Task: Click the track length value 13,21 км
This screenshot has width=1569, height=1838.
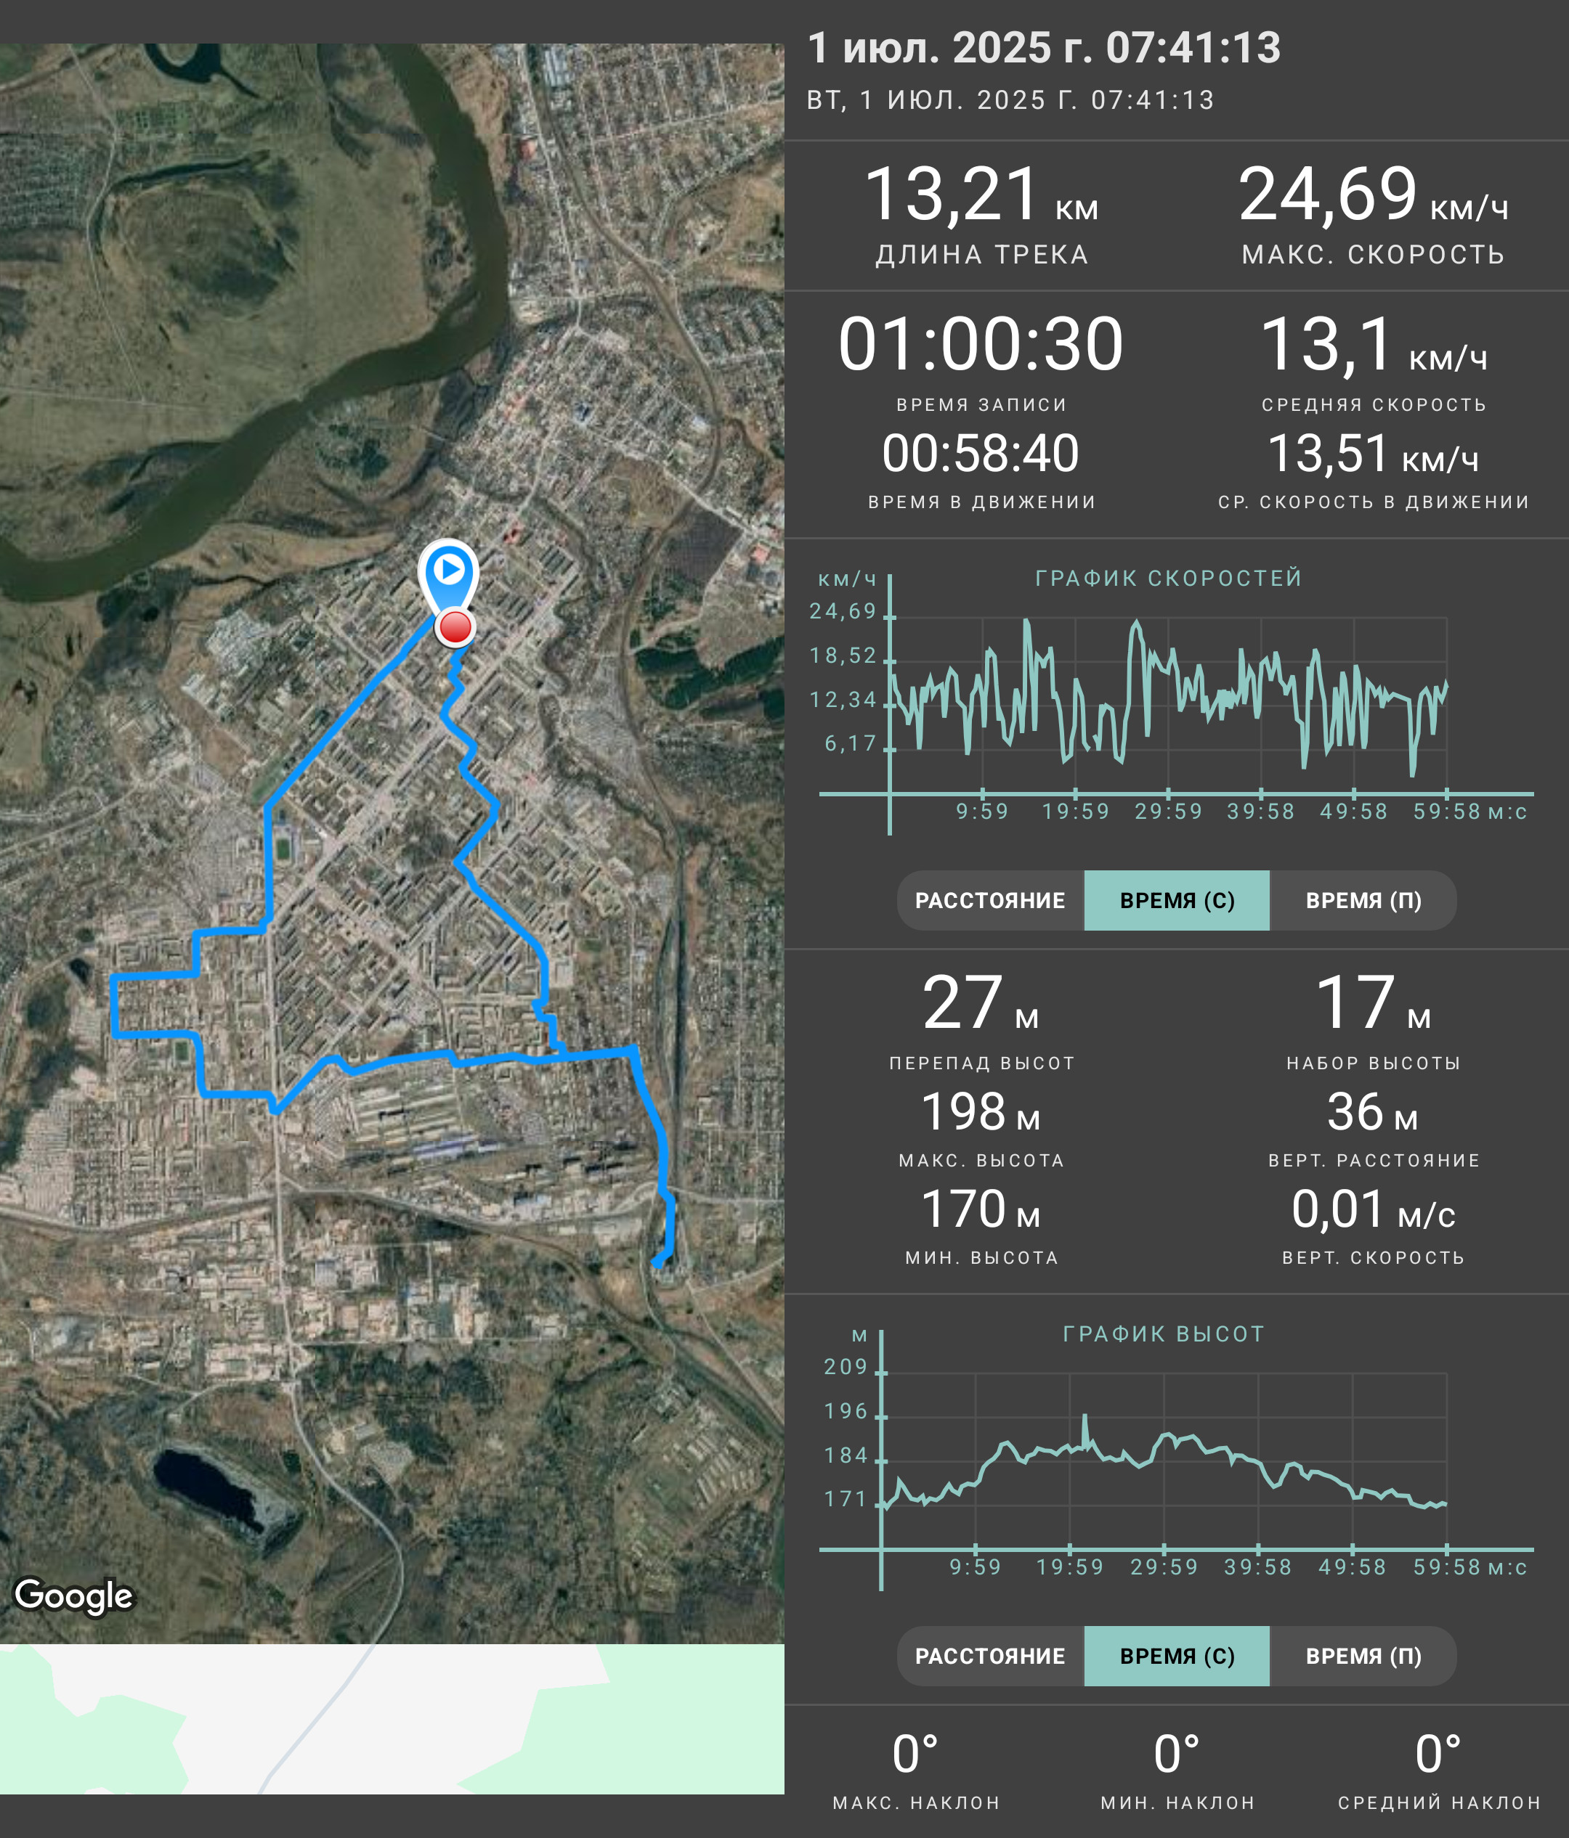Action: (981, 195)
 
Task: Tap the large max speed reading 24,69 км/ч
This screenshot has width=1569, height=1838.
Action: (1373, 195)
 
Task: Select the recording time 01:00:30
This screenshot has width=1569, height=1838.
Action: (981, 344)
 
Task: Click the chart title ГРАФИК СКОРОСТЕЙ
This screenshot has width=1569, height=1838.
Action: (1169, 579)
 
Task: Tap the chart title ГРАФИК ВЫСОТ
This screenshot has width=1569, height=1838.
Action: (1164, 1334)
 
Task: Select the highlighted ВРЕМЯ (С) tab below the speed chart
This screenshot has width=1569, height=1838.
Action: (1177, 900)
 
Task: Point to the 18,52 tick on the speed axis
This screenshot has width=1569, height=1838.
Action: (843, 655)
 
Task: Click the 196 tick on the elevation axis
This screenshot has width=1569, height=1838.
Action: (846, 1411)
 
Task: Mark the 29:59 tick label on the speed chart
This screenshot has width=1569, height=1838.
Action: (1168, 812)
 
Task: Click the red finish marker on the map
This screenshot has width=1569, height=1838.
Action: (455, 627)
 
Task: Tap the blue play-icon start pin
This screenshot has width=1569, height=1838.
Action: (449, 571)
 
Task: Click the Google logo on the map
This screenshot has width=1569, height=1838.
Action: (73, 1595)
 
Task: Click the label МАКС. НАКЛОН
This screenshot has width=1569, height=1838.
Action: (916, 1802)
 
